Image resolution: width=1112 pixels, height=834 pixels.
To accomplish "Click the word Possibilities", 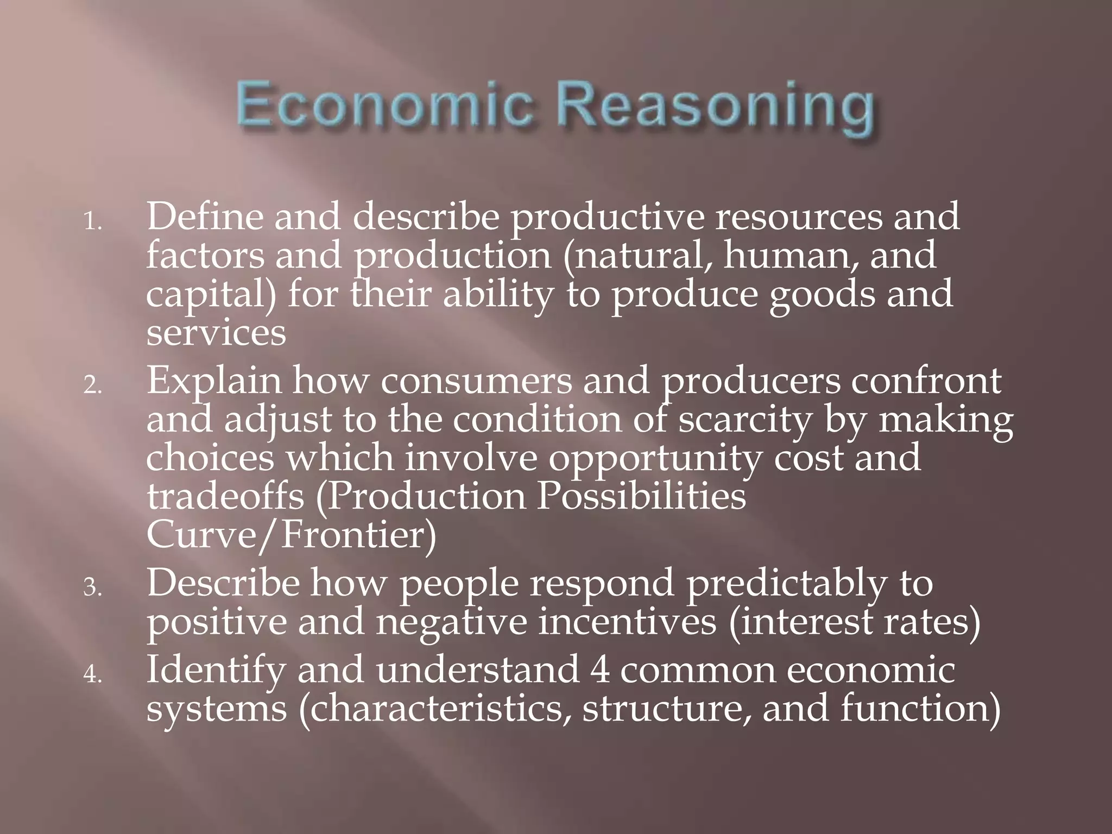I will click(x=641, y=496).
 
